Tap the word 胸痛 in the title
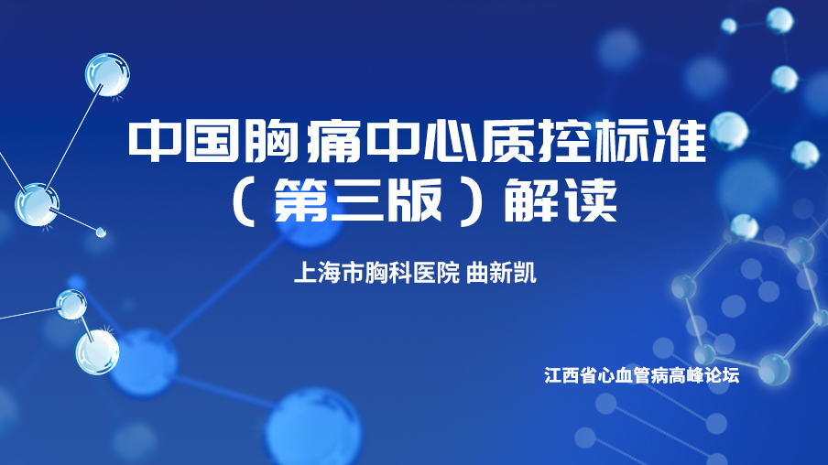pyautogui.click(x=300, y=141)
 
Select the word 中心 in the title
pyautogui.click(x=418, y=141)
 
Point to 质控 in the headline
pyautogui.click(x=534, y=141)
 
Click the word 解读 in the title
pyautogui.click(x=561, y=200)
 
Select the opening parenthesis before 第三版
pyautogui.click(x=244, y=201)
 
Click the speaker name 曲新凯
pyautogui.click(x=501, y=274)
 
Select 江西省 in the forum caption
pyautogui.click(x=570, y=375)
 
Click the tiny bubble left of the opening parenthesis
pyautogui.click(x=101, y=232)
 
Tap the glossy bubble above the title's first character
pyautogui.click(x=107, y=74)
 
